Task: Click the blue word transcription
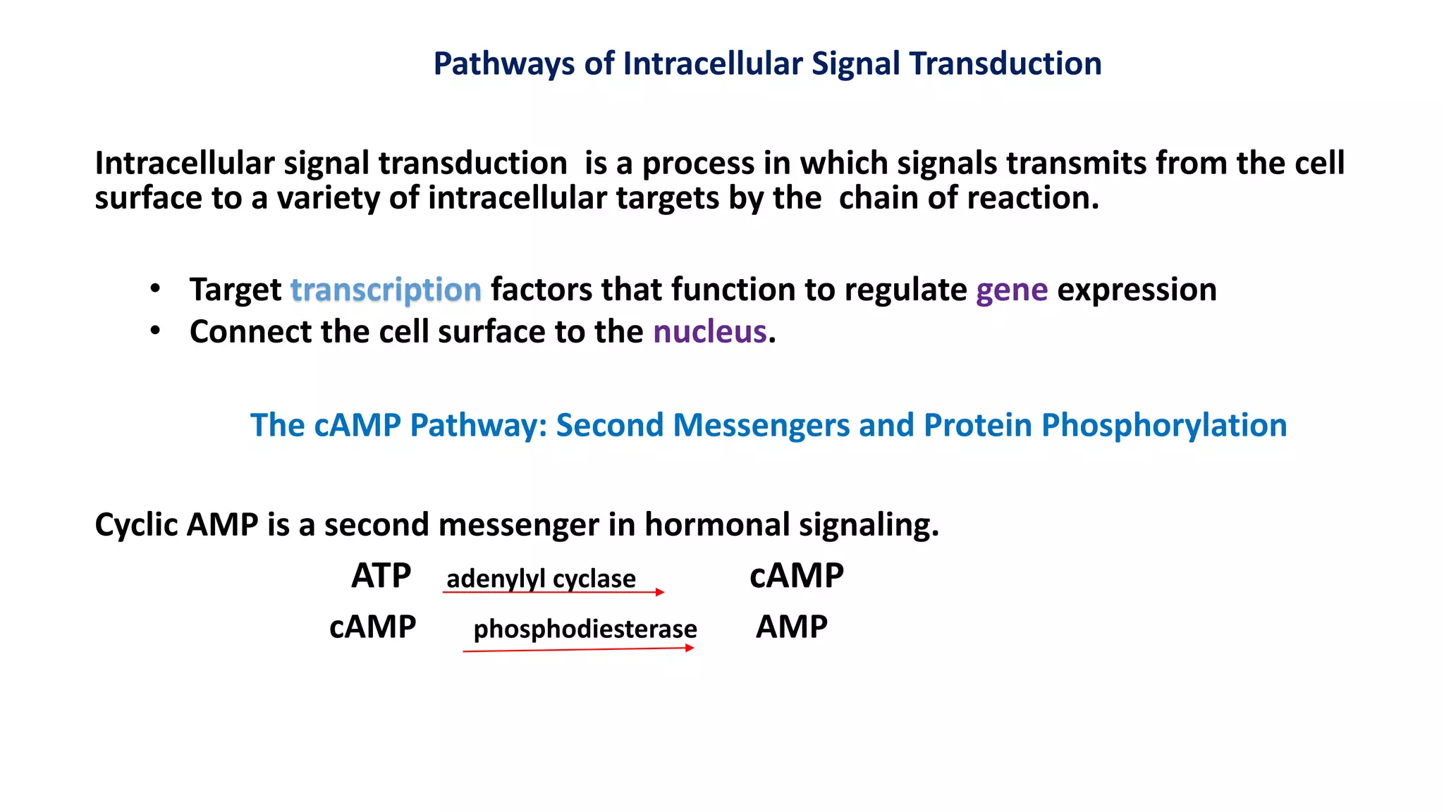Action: (386, 290)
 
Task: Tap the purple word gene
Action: (1012, 290)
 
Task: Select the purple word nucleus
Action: (709, 331)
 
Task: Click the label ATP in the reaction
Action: (381, 576)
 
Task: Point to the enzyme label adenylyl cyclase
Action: (541, 579)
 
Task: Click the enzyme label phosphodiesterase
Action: (585, 629)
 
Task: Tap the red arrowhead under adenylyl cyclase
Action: (660, 592)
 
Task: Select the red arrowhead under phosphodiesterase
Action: (690, 648)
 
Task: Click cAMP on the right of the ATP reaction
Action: (796, 576)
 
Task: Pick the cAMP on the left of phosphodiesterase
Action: (372, 627)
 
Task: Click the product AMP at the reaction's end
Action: (791, 627)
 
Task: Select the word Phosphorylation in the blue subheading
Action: (1164, 425)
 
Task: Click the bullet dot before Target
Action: (155, 288)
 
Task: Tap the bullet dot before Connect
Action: (155, 330)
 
